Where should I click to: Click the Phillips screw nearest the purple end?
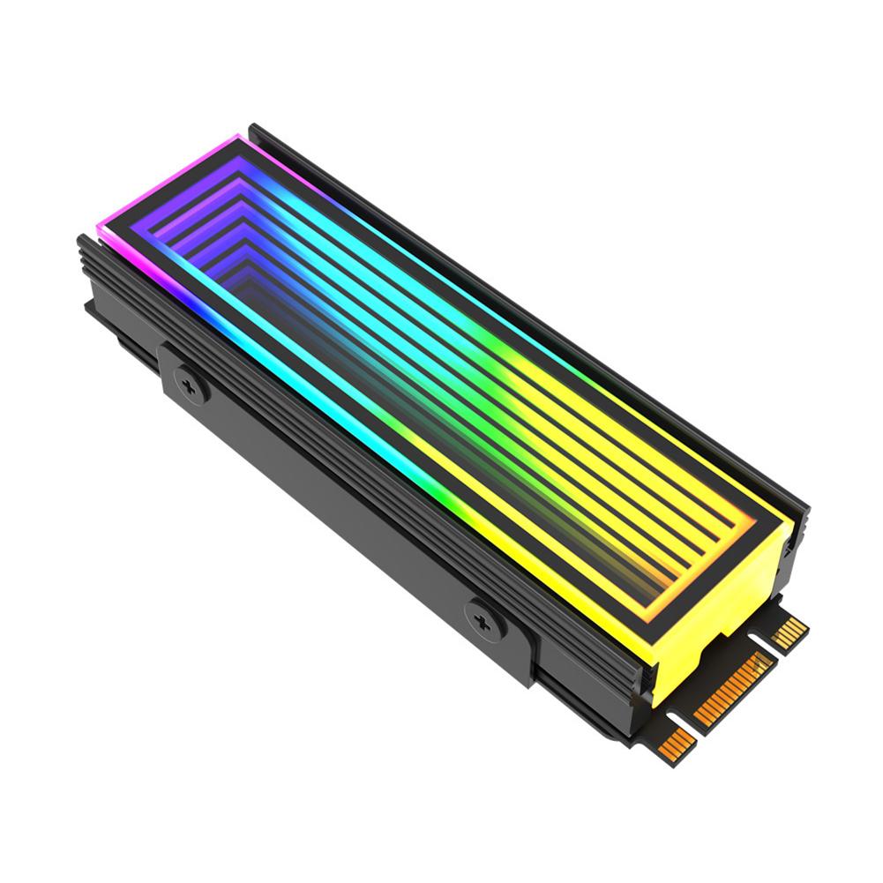[191, 384]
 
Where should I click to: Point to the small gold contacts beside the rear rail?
[789, 631]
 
